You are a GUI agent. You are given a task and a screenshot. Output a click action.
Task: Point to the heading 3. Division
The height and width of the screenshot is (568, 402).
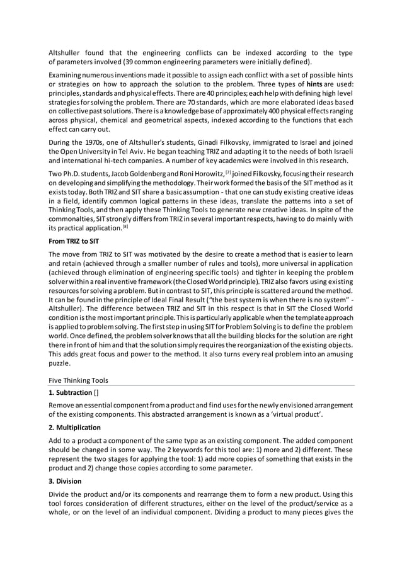point(67,481)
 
